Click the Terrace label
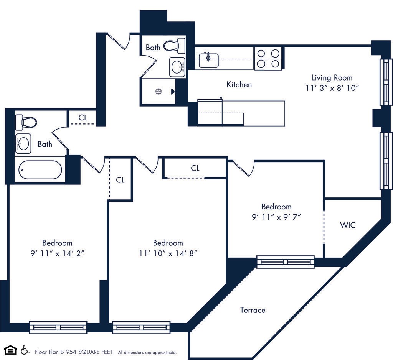click(253, 310)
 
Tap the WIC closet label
click(347, 225)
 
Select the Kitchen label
click(239, 84)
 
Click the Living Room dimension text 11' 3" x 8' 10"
click(332, 88)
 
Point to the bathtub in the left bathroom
click(40, 170)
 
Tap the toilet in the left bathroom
click(26, 122)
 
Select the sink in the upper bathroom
click(177, 67)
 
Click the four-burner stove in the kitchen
click(268, 58)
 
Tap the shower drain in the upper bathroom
click(158, 92)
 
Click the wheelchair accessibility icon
click(25, 350)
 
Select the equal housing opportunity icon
click(10, 350)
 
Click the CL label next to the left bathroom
click(83, 118)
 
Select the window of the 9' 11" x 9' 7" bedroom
click(285, 262)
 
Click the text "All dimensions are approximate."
click(147, 352)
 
